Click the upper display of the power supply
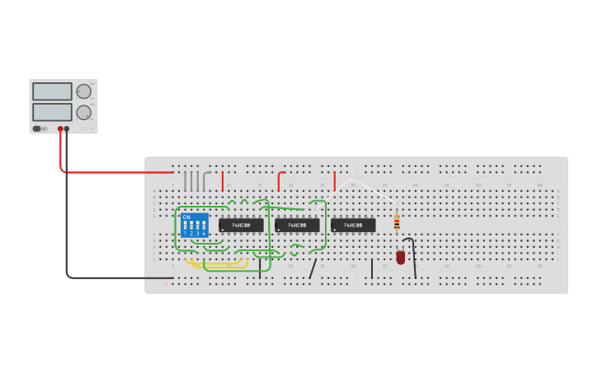(51, 91)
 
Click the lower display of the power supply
(51, 112)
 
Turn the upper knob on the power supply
(83, 91)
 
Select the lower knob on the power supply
(83, 112)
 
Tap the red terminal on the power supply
(60, 128)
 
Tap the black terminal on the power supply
(67, 128)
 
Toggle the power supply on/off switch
(37, 128)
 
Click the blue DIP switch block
(195, 226)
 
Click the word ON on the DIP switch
(186, 217)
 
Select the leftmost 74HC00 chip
(241, 225)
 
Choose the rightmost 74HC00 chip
(353, 225)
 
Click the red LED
(401, 257)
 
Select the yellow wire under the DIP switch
(216, 265)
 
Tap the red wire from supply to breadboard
(115, 172)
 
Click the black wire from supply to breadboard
(115, 277)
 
